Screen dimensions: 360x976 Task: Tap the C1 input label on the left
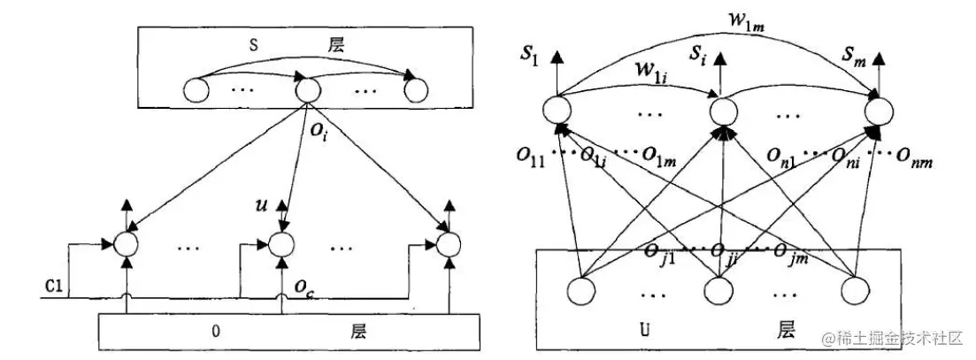coord(55,287)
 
